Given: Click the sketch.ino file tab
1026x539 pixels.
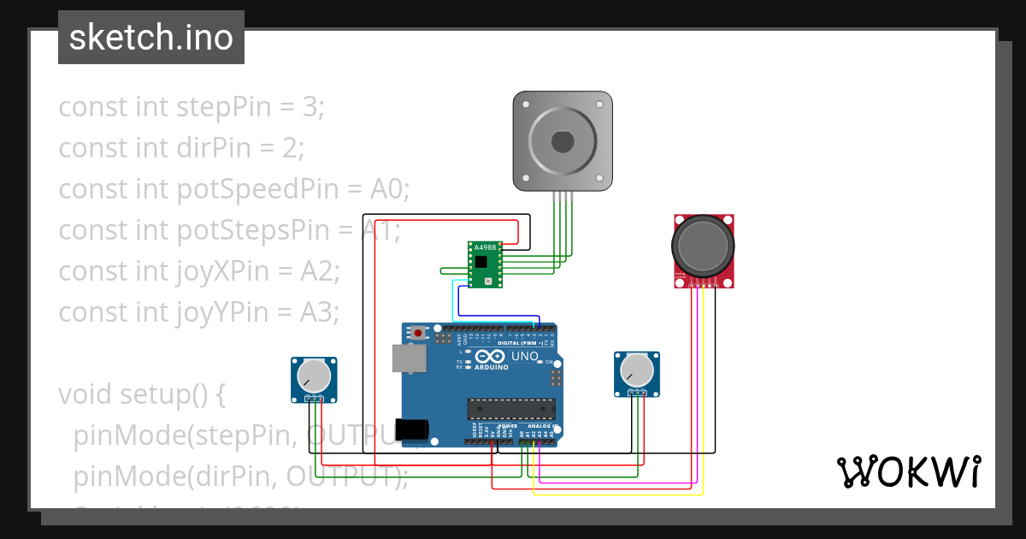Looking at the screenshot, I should click(150, 38).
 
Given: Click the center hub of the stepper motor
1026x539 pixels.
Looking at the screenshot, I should click(562, 140).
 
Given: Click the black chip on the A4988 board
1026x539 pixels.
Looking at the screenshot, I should click(483, 260).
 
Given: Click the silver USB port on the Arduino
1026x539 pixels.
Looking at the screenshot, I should click(408, 358).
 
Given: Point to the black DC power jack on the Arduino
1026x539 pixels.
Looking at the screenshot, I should click(416, 429).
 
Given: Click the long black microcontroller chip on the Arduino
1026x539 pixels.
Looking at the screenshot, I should click(510, 410).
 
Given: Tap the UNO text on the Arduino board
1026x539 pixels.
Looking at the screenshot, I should click(524, 356).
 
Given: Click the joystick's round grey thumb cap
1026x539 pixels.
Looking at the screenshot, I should click(703, 244).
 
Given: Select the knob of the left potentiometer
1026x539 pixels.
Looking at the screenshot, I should click(313, 376).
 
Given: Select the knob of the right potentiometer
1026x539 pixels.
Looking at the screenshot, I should click(637, 370).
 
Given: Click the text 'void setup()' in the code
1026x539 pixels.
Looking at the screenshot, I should click(141, 394).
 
